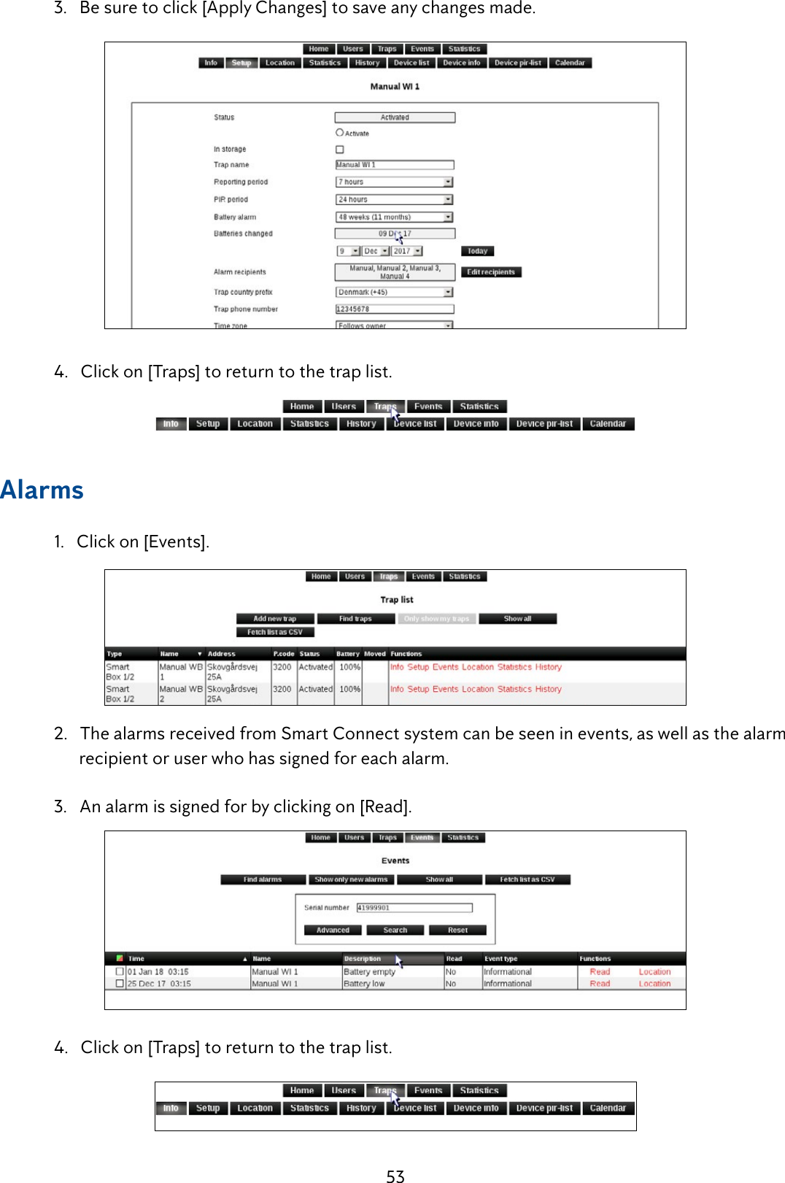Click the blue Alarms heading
point(42,490)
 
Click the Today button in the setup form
point(477,251)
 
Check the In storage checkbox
point(339,150)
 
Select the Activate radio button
point(339,133)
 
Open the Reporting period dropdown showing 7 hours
point(394,182)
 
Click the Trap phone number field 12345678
point(394,309)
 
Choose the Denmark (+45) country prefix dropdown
point(394,292)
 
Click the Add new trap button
point(275,619)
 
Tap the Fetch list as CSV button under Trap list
point(274,632)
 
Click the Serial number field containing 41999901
point(414,908)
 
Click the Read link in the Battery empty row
point(600,972)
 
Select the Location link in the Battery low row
point(654,984)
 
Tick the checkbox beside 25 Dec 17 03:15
point(120,984)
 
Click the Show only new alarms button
point(351,879)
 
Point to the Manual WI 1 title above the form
point(395,86)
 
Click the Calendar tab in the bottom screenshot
point(607,1108)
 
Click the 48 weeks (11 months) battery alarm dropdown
point(394,217)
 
